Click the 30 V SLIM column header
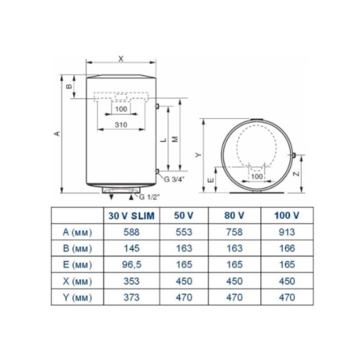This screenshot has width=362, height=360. pyautogui.click(x=131, y=216)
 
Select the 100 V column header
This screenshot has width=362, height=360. pyautogui.click(x=286, y=215)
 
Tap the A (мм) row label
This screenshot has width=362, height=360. pyautogui.click(x=77, y=232)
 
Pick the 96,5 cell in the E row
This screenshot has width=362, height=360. pyautogui.click(x=131, y=264)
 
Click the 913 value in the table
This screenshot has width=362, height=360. pyautogui.click(x=287, y=232)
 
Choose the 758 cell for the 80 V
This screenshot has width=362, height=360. pyautogui.click(x=234, y=232)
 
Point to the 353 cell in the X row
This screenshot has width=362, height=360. pyautogui.click(x=131, y=281)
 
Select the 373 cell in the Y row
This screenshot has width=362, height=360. pyautogui.click(x=131, y=298)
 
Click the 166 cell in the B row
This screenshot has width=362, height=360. pyautogui.click(x=287, y=248)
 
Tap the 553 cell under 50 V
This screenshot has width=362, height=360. pyautogui.click(x=184, y=232)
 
